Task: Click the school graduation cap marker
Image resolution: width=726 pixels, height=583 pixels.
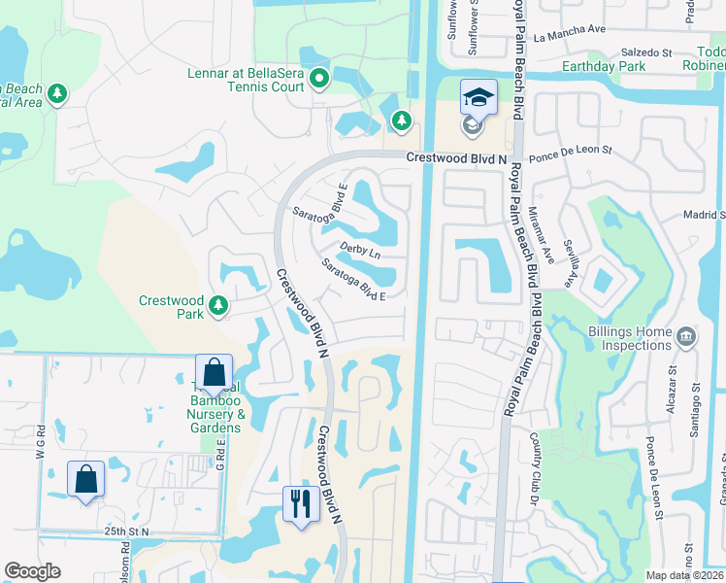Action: [478, 98]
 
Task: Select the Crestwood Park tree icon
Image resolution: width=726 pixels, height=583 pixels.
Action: [218, 306]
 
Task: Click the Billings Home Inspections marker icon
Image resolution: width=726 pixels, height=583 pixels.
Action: [686, 336]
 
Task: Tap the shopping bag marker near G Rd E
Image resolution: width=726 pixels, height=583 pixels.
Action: [214, 373]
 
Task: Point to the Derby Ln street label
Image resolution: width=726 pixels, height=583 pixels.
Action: [358, 251]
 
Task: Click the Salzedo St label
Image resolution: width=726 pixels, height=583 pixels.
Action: [645, 51]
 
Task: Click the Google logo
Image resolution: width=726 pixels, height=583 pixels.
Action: [32, 571]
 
